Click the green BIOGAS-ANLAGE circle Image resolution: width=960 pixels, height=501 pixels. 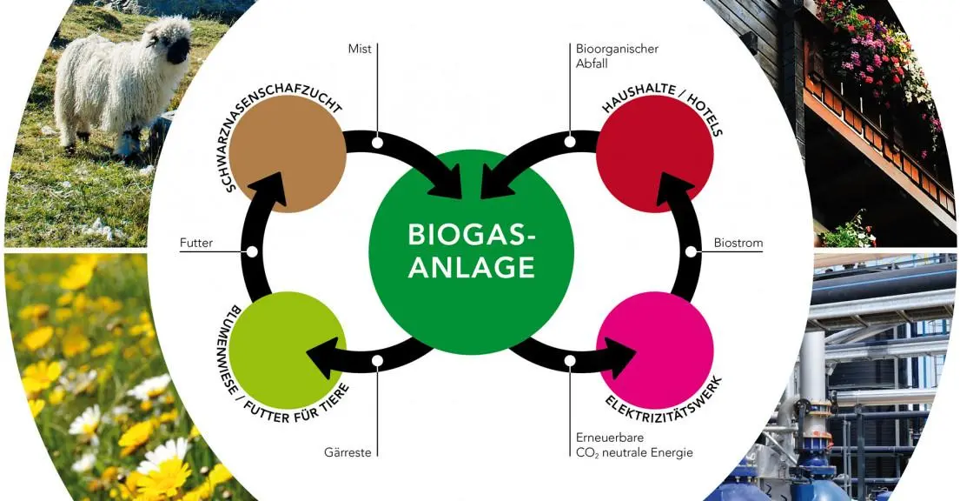472,251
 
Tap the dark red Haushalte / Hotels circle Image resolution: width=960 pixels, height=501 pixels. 656,155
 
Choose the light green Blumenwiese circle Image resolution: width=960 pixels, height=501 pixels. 288,350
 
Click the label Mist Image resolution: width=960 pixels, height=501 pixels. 360,49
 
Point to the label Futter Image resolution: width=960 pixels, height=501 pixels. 196,244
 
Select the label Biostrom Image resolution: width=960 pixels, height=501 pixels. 737,244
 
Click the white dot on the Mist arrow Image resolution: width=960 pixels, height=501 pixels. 377,142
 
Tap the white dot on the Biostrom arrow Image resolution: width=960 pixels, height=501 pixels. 691,252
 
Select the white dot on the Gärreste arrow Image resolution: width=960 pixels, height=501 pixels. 377,361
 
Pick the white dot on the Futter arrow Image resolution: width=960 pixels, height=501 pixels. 252,252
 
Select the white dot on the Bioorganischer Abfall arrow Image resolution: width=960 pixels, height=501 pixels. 570,142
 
